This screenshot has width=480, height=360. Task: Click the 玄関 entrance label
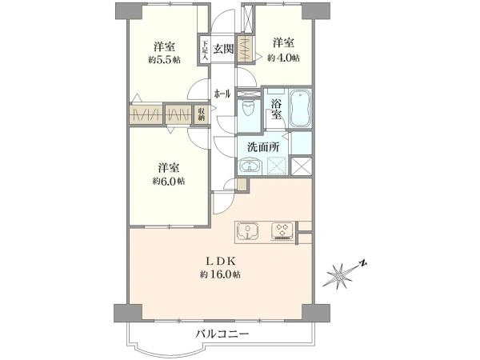coord(223,47)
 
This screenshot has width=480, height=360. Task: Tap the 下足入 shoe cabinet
coord(205,50)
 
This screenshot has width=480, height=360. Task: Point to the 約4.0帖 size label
coord(283,58)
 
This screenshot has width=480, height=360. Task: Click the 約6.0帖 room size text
coord(168,181)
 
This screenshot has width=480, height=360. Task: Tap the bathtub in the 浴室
coord(301,109)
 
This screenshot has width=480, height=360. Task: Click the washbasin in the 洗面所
coord(250,166)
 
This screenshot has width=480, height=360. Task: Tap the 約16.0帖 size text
coord(221,274)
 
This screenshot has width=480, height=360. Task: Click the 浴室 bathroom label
coord(276,110)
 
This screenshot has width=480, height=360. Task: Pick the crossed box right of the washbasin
coord(302,166)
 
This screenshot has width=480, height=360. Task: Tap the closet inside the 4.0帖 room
coord(246,40)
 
